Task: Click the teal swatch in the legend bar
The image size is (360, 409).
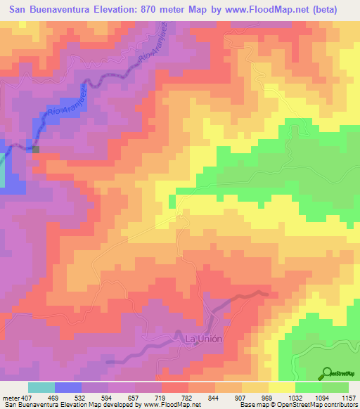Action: click(x=41, y=387)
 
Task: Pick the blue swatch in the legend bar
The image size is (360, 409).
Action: click(x=67, y=387)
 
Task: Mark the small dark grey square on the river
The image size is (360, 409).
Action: click(x=35, y=148)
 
